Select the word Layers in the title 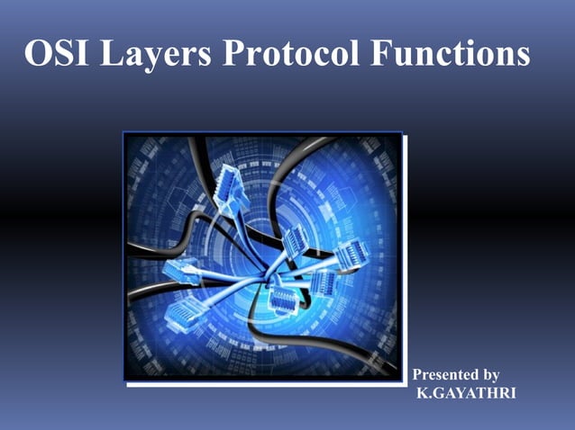coord(154,56)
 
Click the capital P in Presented coord(416,374)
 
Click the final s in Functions coord(522,58)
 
